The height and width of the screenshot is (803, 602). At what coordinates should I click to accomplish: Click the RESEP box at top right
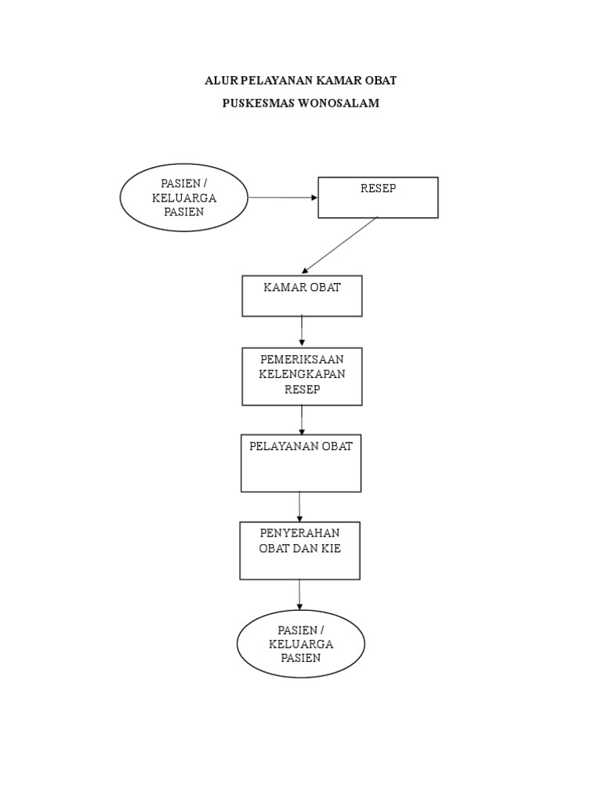coord(378,198)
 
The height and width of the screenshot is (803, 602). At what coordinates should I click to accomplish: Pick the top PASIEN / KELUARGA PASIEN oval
coord(184,198)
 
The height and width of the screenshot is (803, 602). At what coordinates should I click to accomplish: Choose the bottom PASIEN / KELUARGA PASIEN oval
coord(301,644)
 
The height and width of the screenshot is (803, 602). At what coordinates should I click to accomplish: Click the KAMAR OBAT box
coord(302,296)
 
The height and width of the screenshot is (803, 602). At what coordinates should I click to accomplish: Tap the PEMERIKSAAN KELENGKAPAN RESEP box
coord(302,376)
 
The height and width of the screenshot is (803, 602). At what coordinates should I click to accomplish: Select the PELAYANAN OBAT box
coord(301,464)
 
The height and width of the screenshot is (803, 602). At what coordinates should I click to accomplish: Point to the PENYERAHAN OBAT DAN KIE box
coord(300,550)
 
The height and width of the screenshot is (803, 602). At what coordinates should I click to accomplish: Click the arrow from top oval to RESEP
coord(283,198)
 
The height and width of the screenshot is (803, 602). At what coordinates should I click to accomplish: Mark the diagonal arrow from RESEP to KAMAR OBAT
coord(340,245)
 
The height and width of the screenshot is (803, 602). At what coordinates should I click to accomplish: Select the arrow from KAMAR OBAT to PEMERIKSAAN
coord(302,331)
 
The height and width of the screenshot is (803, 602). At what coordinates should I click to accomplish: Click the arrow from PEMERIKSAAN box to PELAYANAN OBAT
coord(302,420)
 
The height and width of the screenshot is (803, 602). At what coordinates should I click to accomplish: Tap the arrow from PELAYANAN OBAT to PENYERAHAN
coord(300,507)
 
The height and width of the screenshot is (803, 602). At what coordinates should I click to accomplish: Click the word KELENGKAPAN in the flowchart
coord(302,374)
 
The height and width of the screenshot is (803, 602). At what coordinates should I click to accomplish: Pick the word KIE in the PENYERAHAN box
coord(330,548)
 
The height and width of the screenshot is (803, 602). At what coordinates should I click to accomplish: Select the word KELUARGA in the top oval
coord(184,198)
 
